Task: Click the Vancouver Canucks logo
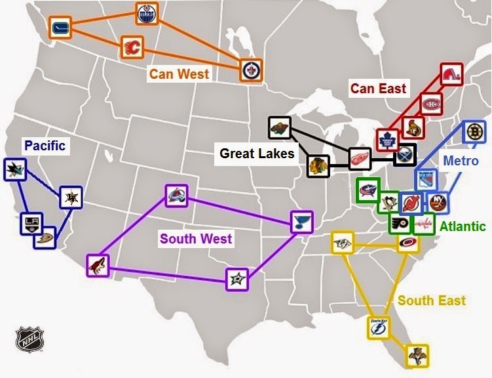pyautogui.click(x=60, y=28)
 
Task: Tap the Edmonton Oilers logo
pyautogui.click(x=146, y=12)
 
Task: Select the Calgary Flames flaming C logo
pyautogui.click(x=132, y=47)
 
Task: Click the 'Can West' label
pyautogui.click(x=179, y=73)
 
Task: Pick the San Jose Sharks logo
pyautogui.click(x=14, y=170)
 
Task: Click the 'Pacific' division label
pyautogui.click(x=45, y=145)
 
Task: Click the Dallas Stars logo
pyautogui.click(x=237, y=280)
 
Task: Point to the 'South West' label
pyautogui.click(x=196, y=238)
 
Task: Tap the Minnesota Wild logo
pyautogui.click(x=279, y=127)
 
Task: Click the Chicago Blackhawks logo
pyautogui.click(x=318, y=165)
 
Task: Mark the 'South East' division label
pyautogui.click(x=432, y=301)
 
